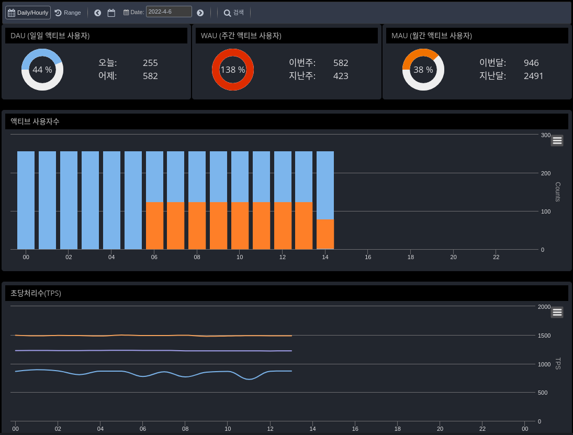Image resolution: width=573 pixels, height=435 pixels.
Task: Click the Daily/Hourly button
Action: click(28, 13)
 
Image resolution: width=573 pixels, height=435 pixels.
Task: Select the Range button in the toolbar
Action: click(68, 13)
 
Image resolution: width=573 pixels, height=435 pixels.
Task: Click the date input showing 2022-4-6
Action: click(168, 12)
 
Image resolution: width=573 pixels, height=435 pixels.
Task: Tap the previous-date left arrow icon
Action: click(98, 13)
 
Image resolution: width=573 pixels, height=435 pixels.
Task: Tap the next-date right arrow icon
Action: click(200, 13)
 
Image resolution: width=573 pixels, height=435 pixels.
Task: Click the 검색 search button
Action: click(234, 13)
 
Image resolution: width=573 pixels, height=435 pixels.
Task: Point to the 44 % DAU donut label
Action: click(42, 70)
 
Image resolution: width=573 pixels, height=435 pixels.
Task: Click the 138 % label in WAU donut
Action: click(233, 70)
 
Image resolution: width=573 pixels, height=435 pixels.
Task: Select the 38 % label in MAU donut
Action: click(423, 70)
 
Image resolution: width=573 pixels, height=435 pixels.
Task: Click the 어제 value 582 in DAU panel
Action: click(150, 76)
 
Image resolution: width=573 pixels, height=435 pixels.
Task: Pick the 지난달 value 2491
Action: click(533, 76)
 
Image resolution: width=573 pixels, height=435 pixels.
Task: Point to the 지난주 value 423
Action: click(341, 76)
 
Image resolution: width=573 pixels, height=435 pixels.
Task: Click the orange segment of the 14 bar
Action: click(325, 235)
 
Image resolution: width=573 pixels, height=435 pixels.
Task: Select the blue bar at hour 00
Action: click(26, 200)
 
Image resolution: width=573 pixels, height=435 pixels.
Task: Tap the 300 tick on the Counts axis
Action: click(546, 135)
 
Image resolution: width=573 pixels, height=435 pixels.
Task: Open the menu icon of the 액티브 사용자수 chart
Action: click(557, 140)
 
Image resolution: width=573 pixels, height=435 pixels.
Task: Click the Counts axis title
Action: click(557, 192)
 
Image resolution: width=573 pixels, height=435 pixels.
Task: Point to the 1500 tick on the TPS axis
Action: click(544, 336)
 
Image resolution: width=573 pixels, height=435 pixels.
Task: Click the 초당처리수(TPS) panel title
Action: click(36, 293)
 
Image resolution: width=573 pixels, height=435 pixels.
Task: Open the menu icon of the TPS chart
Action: click(557, 312)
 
